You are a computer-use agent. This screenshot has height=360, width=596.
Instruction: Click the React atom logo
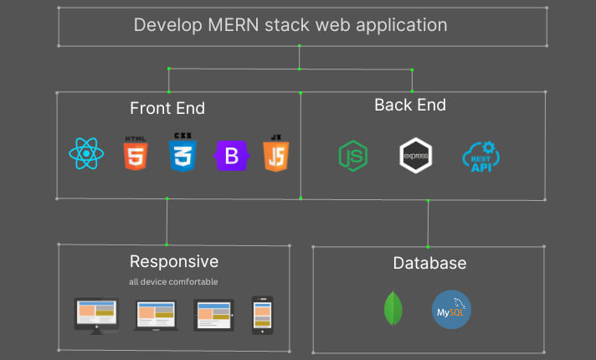pyautogui.click(x=85, y=154)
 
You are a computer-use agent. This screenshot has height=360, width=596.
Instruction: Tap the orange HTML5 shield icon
pyautogui.click(x=135, y=153)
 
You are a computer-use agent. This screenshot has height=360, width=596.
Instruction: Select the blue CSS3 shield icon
pyautogui.click(x=182, y=153)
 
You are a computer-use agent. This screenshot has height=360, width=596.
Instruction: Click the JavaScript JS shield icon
pyautogui.click(x=275, y=153)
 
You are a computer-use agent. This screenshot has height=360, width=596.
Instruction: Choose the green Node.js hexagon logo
pyautogui.click(x=353, y=157)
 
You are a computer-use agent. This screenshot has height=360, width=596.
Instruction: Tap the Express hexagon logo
pyautogui.click(x=415, y=157)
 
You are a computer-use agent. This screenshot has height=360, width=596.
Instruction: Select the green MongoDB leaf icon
pyautogui.click(x=392, y=309)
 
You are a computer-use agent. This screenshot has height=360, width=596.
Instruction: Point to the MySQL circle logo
pyautogui.click(x=452, y=310)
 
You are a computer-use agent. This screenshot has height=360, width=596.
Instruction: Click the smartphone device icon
pyautogui.click(x=263, y=314)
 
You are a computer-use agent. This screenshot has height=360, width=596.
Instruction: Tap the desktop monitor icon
pyautogui.click(x=95, y=315)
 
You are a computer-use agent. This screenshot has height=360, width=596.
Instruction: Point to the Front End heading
pyautogui.click(x=167, y=108)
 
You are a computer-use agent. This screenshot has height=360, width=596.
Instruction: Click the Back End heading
pyautogui.click(x=410, y=105)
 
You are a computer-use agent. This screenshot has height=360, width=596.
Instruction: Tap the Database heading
pyautogui.click(x=429, y=264)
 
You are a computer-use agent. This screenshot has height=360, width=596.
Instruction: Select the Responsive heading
pyautogui.click(x=174, y=261)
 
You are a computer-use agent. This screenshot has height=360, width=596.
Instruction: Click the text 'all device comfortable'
pyautogui.click(x=174, y=281)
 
